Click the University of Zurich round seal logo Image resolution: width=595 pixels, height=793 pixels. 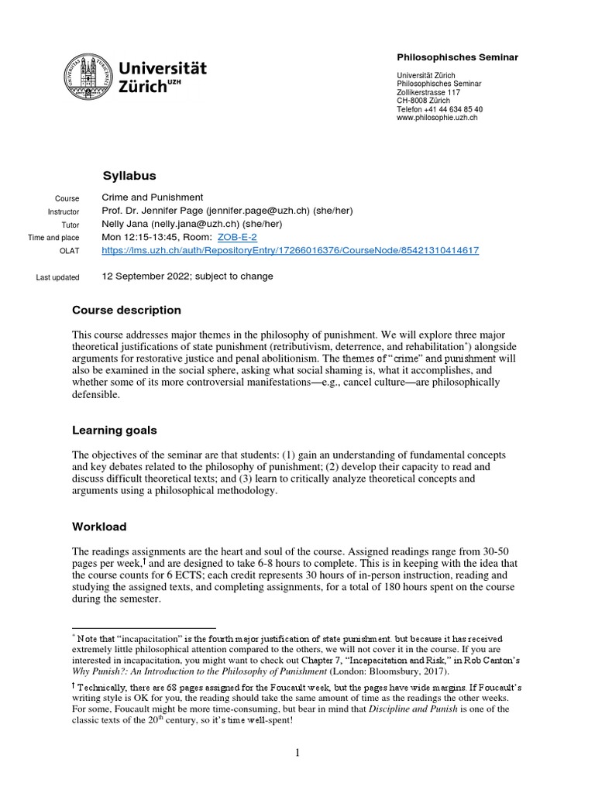pos(86,77)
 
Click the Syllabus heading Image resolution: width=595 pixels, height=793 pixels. pos(129,176)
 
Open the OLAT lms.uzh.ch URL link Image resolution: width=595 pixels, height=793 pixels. pos(291,250)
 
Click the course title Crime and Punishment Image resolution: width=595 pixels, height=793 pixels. pos(153,197)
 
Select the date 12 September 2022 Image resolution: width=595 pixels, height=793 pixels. pos(147,276)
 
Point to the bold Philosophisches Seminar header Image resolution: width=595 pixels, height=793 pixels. pos(457,57)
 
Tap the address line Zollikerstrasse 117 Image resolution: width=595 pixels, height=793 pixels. pos(428,92)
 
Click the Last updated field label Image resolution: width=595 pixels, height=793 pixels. pos(69,277)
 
